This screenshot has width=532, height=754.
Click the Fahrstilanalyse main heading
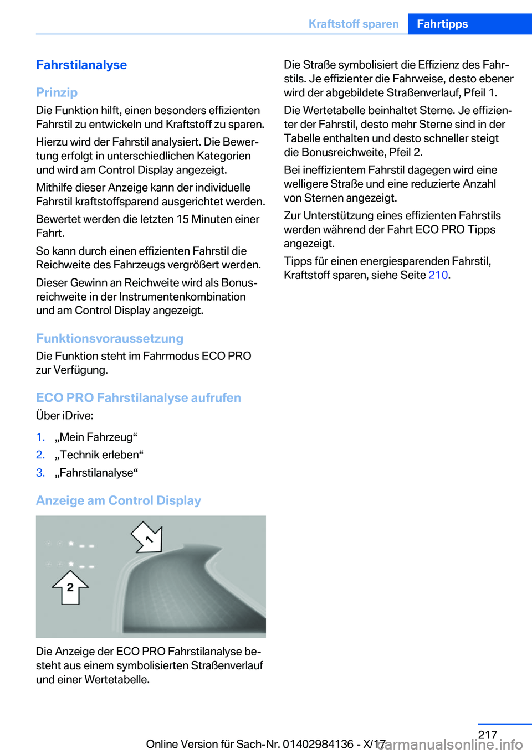(x=81, y=65)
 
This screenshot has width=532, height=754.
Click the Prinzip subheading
(x=57, y=92)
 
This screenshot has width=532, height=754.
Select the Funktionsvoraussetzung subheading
(x=110, y=338)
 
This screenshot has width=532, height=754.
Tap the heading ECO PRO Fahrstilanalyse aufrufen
(x=139, y=397)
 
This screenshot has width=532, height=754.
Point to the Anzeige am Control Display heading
(x=119, y=500)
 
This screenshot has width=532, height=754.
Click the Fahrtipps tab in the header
(x=442, y=24)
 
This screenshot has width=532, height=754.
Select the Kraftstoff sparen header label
(x=354, y=24)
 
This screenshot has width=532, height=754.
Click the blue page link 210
(x=438, y=275)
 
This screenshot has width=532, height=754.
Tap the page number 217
(x=488, y=735)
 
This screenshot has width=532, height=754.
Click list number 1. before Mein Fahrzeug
(x=40, y=437)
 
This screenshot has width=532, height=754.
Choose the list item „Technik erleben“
(x=99, y=455)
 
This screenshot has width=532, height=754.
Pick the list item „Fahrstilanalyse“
(x=96, y=473)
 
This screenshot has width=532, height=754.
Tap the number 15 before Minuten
(x=182, y=219)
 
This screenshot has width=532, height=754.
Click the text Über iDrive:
(x=65, y=415)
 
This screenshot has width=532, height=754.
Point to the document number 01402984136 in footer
(x=318, y=744)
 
